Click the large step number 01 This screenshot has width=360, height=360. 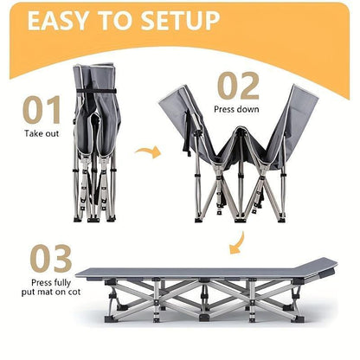point(42,110)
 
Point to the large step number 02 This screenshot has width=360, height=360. point(237,87)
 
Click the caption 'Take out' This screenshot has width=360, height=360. point(41,135)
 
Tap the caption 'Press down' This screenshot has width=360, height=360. point(237,111)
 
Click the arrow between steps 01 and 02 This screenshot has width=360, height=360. point(150,153)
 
